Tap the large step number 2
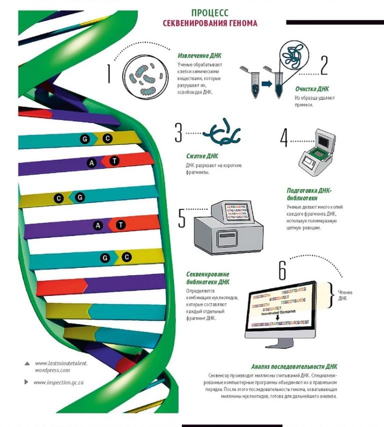coord(324,65)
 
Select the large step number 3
coord(178,133)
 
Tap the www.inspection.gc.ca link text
coord(58,382)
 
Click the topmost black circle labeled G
coord(85,139)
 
